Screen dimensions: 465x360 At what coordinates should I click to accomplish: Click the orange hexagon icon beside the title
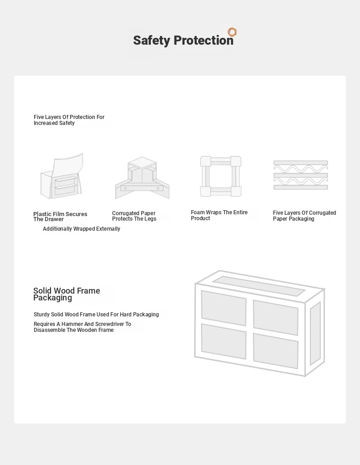[x=232, y=32]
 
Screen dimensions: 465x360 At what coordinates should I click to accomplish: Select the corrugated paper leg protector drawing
[x=142, y=178]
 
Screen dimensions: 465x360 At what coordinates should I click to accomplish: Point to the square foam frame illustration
[x=221, y=176]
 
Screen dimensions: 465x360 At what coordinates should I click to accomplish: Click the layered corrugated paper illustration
[x=300, y=175]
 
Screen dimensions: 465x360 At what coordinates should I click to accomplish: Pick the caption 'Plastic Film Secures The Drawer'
[x=60, y=217]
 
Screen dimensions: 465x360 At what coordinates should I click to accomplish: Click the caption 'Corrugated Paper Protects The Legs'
[x=134, y=216]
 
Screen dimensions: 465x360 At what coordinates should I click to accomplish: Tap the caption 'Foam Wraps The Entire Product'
[x=219, y=215]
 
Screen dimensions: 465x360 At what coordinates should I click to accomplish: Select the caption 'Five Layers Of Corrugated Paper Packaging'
[x=304, y=216]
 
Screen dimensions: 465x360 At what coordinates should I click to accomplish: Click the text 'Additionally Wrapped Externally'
[x=82, y=229]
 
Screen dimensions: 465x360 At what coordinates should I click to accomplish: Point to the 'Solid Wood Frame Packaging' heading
[x=67, y=294]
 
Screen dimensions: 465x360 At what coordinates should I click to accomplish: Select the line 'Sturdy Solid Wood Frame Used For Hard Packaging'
[x=96, y=315]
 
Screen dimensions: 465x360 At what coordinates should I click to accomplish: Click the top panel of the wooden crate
[x=258, y=286]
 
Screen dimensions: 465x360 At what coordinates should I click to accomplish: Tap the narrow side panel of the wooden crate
[x=315, y=333]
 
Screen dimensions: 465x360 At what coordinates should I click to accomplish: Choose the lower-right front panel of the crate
[x=275, y=350]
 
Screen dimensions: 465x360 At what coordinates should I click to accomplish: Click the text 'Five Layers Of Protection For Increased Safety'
[x=69, y=120]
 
